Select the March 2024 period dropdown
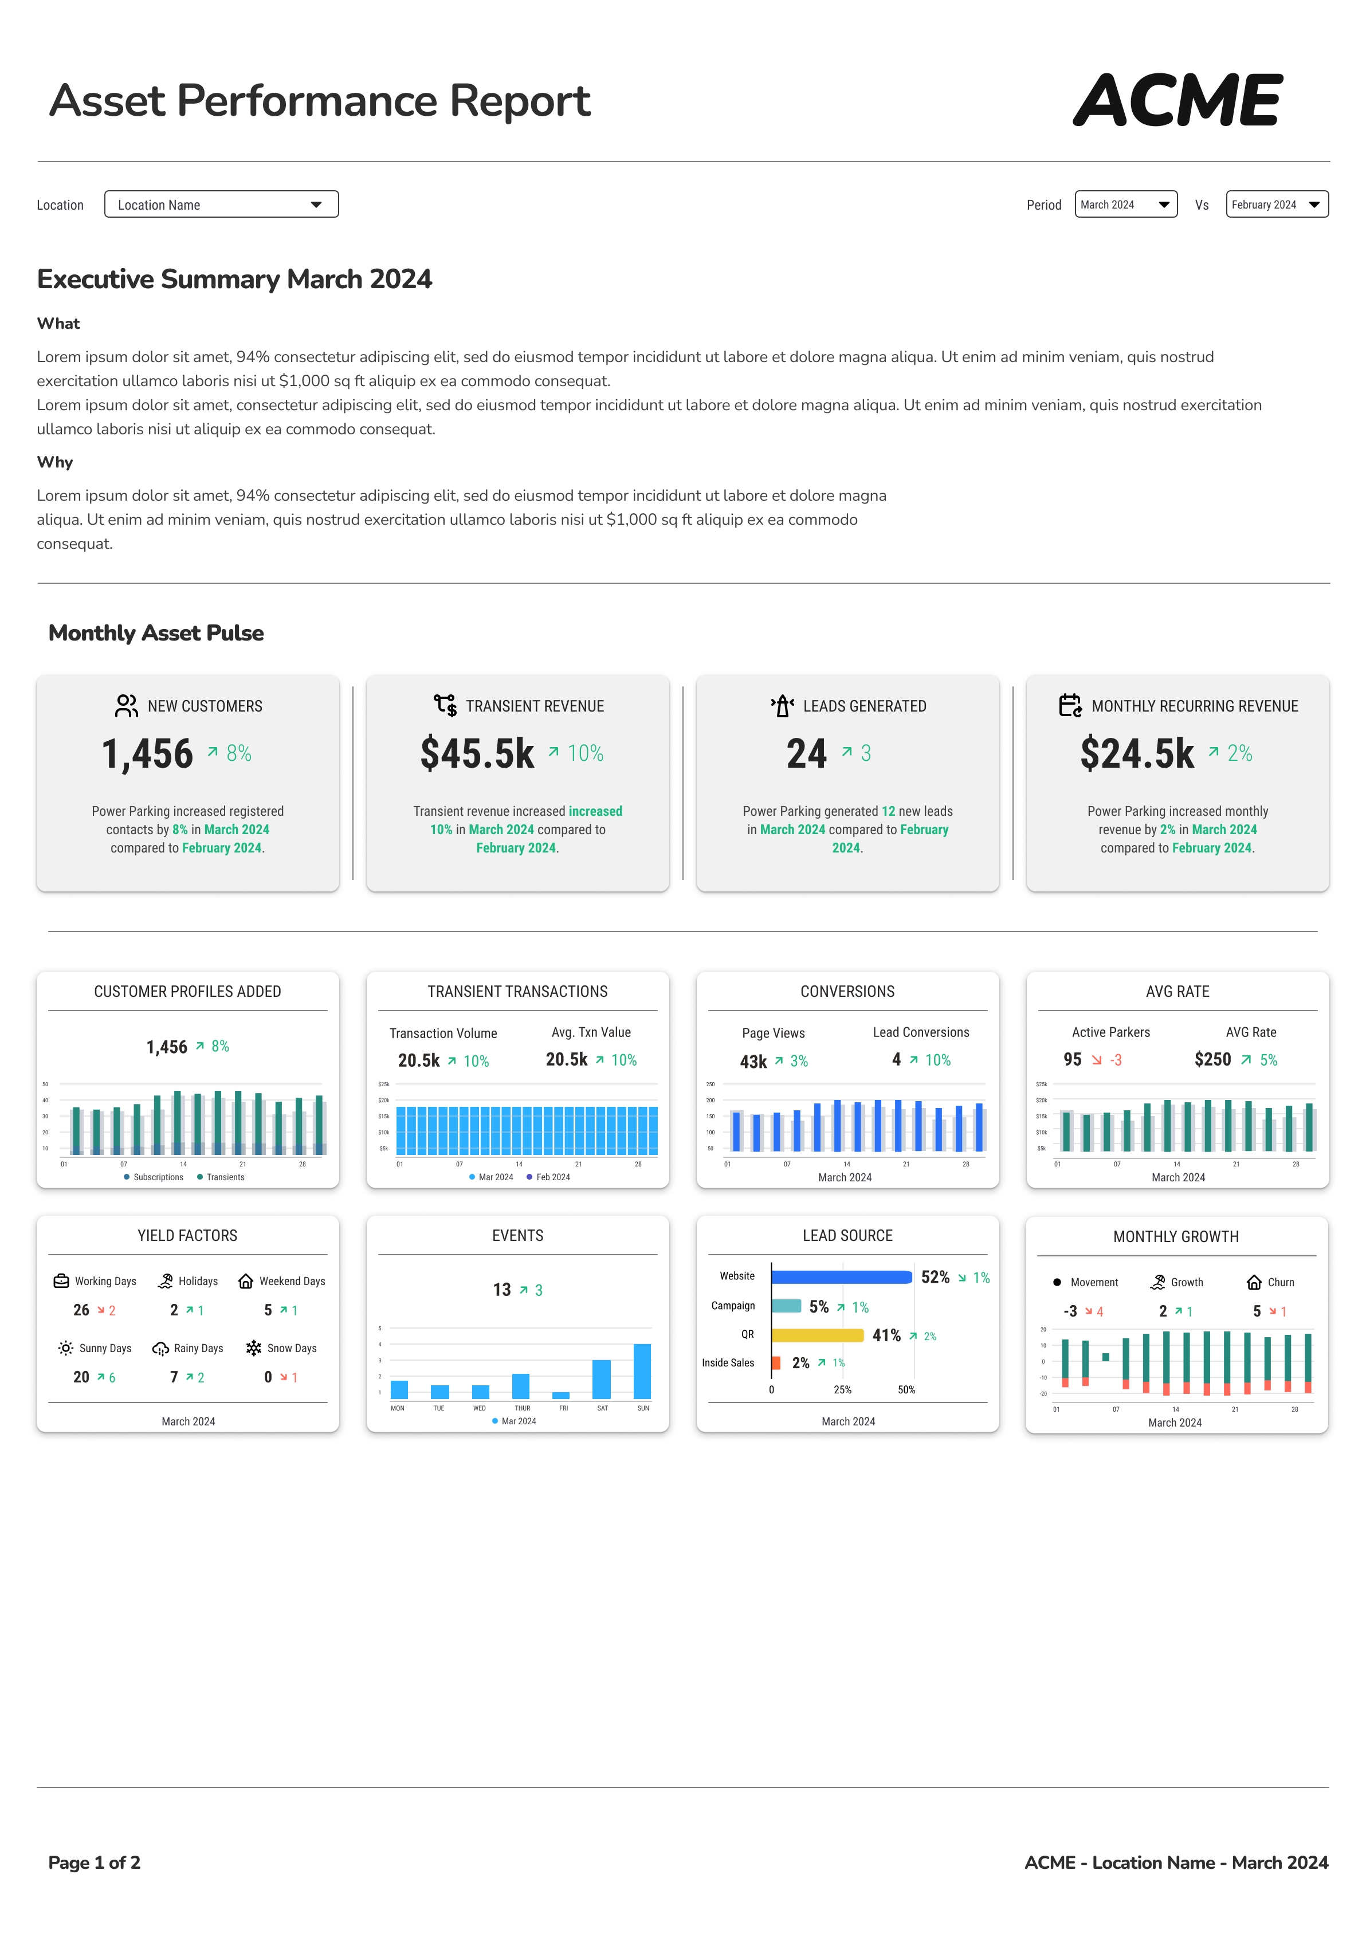[1125, 205]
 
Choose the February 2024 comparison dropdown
[1276, 205]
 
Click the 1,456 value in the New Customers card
[147, 753]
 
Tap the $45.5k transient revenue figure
[477, 753]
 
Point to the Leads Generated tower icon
[782, 705]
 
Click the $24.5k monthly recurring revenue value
[1136, 753]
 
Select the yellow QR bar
[817, 1335]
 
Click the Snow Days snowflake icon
[253, 1348]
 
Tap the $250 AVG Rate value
[1212, 1059]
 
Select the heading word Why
[55, 462]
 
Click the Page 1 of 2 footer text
[95, 1863]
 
